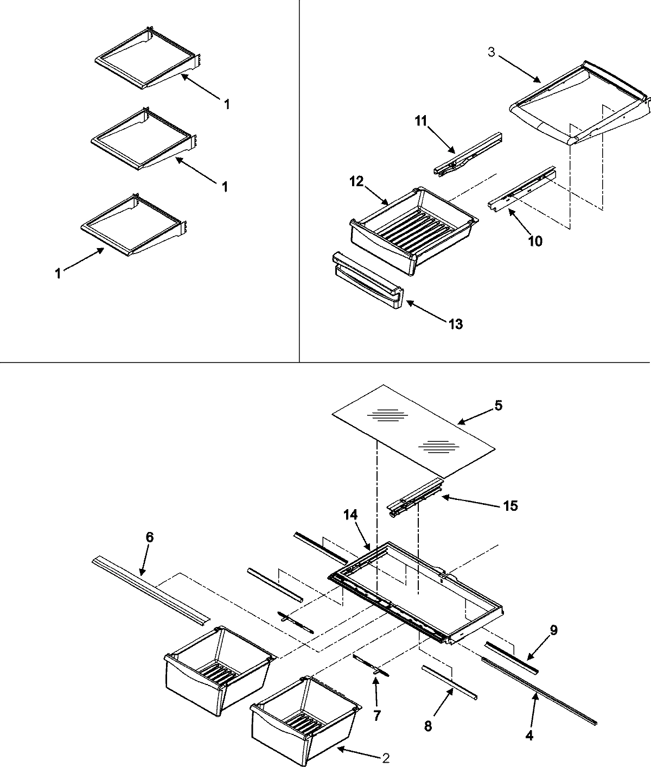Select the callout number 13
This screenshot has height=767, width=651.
tap(455, 324)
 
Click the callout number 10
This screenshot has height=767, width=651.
tap(535, 240)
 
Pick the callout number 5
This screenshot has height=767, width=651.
tap(497, 405)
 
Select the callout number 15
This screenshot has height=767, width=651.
tap(510, 506)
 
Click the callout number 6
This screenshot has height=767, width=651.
tap(149, 537)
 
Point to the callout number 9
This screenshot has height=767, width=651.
tap(553, 630)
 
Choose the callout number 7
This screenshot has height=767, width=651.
tap(376, 715)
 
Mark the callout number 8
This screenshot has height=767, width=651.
tap(428, 727)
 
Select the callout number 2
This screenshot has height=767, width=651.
tap(386, 758)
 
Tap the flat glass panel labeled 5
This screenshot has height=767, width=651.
tap(412, 429)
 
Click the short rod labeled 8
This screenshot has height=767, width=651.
tap(450, 677)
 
